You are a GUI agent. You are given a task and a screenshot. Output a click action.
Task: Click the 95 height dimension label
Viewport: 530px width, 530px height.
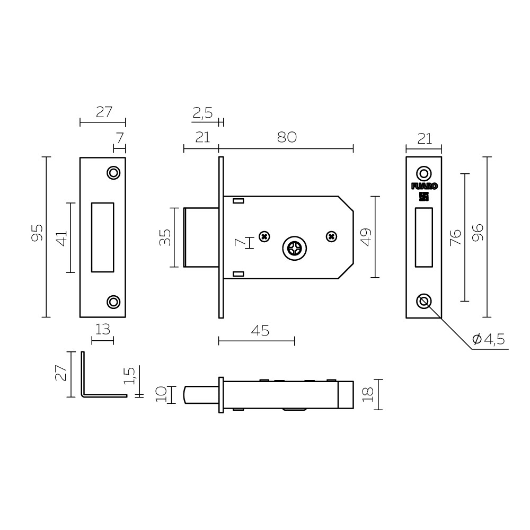tap(37, 233)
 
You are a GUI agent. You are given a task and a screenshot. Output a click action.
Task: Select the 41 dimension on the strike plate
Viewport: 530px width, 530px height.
tap(61, 237)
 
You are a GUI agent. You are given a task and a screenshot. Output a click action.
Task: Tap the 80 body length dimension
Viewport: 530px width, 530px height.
tap(286, 137)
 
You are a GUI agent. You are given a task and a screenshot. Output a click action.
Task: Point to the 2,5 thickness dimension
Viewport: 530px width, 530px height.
tap(202, 112)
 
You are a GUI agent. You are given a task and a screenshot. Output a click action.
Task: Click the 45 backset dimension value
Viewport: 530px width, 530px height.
tap(259, 331)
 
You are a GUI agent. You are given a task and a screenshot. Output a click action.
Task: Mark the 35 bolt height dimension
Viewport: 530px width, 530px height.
tap(165, 237)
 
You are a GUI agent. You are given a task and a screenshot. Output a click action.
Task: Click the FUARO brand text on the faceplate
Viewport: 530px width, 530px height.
tap(424, 186)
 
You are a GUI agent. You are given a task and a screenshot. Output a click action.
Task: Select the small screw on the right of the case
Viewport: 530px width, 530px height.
tap(331, 236)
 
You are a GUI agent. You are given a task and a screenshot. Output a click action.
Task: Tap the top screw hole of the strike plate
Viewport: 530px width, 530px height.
tap(113, 173)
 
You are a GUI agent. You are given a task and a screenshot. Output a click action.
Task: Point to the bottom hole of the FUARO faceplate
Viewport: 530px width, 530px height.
tap(423, 301)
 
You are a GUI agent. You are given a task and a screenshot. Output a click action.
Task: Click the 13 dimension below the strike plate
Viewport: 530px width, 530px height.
tap(102, 330)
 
